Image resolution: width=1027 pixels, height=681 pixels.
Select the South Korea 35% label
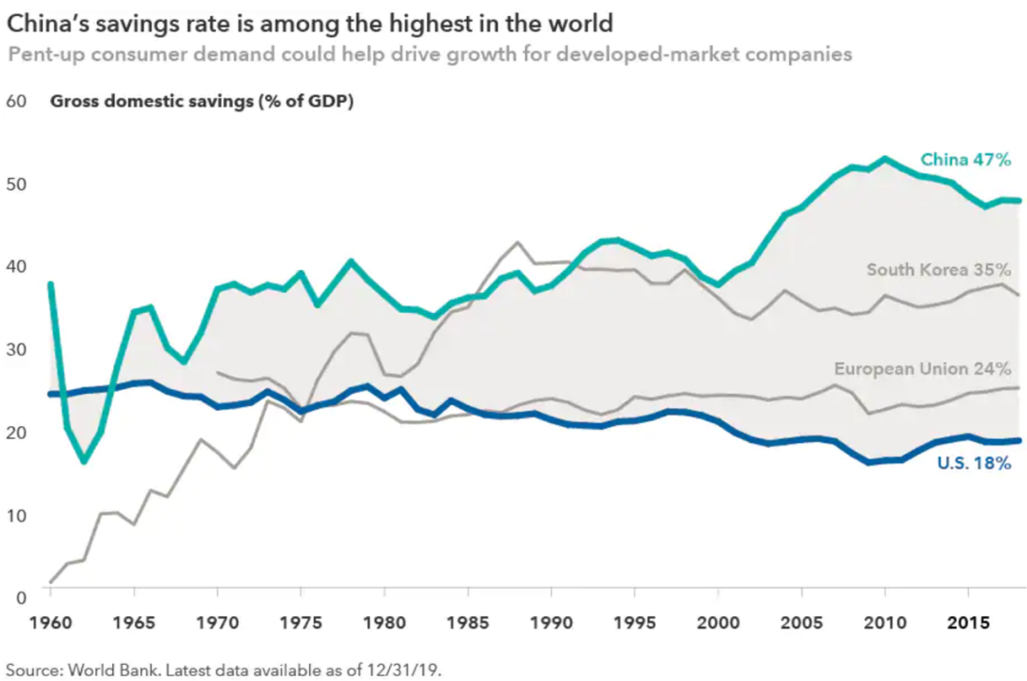[939, 269]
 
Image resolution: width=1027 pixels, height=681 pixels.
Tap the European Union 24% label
[921, 368]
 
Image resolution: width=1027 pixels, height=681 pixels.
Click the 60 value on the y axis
[16, 101]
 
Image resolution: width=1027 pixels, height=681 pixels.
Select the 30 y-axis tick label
[16, 349]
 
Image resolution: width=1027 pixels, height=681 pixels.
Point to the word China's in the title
[47, 21]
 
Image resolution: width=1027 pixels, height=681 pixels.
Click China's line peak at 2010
[884, 158]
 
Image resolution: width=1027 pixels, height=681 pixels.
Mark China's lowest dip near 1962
[84, 462]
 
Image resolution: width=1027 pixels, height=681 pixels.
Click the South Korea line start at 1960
[49, 582]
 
